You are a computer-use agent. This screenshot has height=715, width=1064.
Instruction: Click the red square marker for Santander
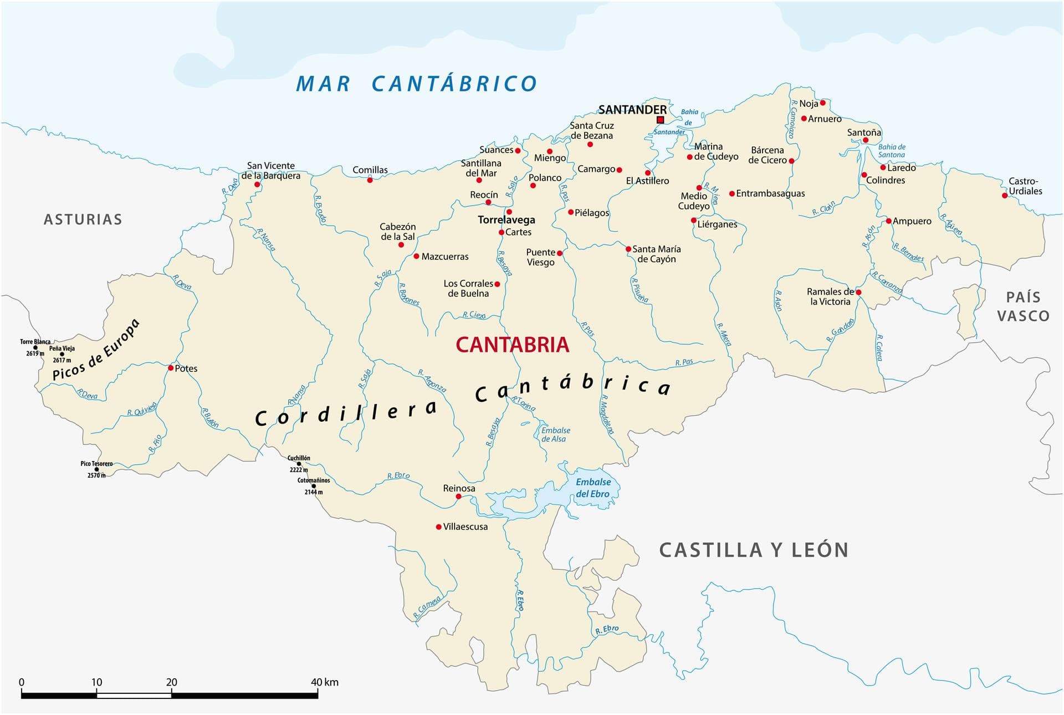click(x=660, y=120)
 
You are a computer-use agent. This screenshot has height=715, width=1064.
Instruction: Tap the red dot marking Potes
click(x=171, y=368)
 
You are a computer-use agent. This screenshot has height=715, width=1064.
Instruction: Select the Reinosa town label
click(x=459, y=488)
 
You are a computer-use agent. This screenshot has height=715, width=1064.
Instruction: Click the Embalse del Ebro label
click(x=592, y=488)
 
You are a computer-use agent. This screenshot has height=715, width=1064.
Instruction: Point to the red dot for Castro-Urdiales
click(x=1005, y=196)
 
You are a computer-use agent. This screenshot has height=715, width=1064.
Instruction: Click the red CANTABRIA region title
click(x=512, y=345)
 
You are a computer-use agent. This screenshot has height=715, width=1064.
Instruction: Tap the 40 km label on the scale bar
click(x=324, y=682)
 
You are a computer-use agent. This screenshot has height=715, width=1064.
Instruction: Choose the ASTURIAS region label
click(x=83, y=219)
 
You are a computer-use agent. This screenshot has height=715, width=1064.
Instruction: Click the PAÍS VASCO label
click(x=1023, y=307)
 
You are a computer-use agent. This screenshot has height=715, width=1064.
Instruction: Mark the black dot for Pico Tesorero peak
click(x=96, y=469)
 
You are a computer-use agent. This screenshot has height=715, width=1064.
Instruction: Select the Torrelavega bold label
click(x=506, y=220)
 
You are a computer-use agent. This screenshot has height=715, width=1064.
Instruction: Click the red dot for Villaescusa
click(x=438, y=527)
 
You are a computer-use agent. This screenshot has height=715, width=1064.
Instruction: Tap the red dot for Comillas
click(x=370, y=180)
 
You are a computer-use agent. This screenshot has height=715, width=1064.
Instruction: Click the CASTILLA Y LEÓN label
click(x=754, y=550)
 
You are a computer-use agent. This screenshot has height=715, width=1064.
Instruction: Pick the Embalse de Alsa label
click(x=555, y=435)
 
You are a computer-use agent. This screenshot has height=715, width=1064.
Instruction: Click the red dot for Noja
click(x=822, y=103)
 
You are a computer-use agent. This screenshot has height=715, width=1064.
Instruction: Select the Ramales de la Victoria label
click(x=830, y=297)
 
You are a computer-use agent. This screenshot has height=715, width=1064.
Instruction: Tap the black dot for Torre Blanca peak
click(x=35, y=348)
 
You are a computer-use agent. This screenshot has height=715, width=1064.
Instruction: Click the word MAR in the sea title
click(x=323, y=84)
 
